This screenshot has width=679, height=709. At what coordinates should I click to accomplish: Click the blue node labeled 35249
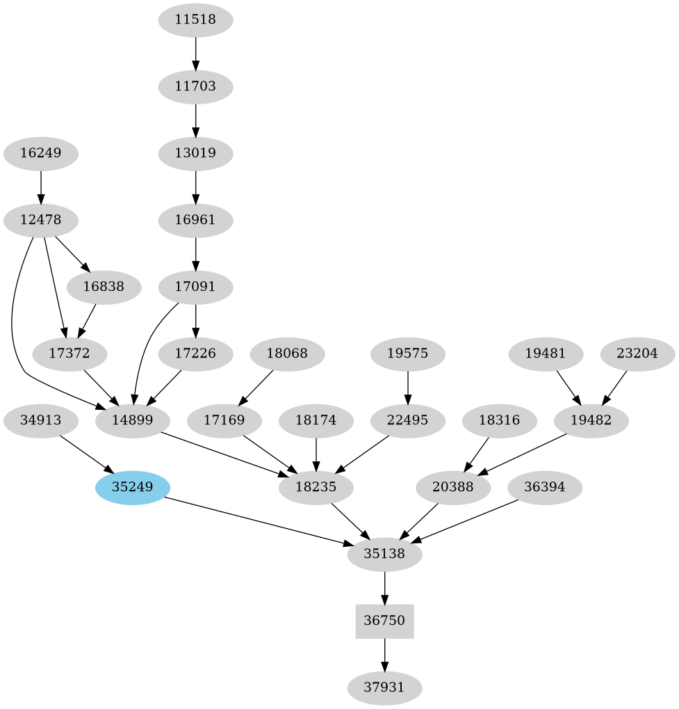pyautogui.click(x=133, y=488)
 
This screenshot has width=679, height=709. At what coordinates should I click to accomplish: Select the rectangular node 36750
pyautogui.click(x=384, y=621)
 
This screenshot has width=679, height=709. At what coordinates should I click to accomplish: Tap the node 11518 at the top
pyautogui.click(x=195, y=20)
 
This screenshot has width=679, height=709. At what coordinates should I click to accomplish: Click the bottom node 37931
pyautogui.click(x=384, y=688)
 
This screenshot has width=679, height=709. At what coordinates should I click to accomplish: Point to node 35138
pyautogui.click(x=384, y=555)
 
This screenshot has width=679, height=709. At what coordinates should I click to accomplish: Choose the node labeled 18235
pyautogui.click(x=316, y=488)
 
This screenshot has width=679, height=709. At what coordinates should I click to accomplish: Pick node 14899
pyautogui.click(x=133, y=421)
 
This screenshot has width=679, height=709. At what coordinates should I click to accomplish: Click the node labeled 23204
pyautogui.click(x=637, y=354)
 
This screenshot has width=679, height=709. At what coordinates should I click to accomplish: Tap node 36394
pyautogui.click(x=545, y=488)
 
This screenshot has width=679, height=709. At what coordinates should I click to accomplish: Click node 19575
pyautogui.click(x=407, y=354)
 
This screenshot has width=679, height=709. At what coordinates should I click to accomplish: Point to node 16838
pyautogui.click(x=104, y=287)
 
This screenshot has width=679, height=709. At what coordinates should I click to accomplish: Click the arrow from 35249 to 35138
pyautogui.click(x=257, y=520)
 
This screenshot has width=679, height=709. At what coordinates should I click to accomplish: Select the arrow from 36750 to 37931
pyautogui.click(x=384, y=654)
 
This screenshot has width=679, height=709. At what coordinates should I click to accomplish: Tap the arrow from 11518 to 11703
pyautogui.click(x=195, y=53)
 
